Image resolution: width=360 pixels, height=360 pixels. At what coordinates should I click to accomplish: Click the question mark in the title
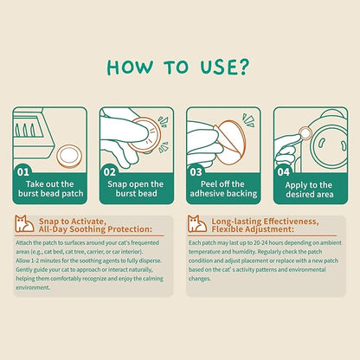(243, 67)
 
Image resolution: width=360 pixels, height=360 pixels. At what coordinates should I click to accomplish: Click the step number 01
(23, 172)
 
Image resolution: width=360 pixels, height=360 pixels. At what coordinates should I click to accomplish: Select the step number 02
(110, 172)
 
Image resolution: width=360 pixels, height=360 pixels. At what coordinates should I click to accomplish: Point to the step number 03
(196, 172)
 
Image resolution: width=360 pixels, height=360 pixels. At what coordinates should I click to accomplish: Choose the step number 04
(283, 172)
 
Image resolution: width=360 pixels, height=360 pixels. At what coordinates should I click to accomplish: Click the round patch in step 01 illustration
(69, 156)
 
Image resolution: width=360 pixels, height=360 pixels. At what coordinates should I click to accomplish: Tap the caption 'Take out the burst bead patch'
(50, 189)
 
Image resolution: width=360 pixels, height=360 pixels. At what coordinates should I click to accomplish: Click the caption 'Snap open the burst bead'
(136, 189)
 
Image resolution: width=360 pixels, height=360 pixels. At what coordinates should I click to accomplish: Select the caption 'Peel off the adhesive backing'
(223, 189)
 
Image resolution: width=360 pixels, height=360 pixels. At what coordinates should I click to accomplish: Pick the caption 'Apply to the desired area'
(309, 190)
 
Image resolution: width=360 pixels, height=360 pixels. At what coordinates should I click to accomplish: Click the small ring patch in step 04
(305, 133)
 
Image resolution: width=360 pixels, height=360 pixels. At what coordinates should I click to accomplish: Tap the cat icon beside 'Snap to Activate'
(24, 224)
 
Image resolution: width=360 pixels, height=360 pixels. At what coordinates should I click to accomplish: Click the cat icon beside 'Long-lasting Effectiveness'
(197, 224)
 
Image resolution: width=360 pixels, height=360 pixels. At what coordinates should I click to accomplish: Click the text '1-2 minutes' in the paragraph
(45, 260)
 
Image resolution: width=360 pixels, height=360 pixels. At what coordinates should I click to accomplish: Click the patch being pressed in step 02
(145, 136)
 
